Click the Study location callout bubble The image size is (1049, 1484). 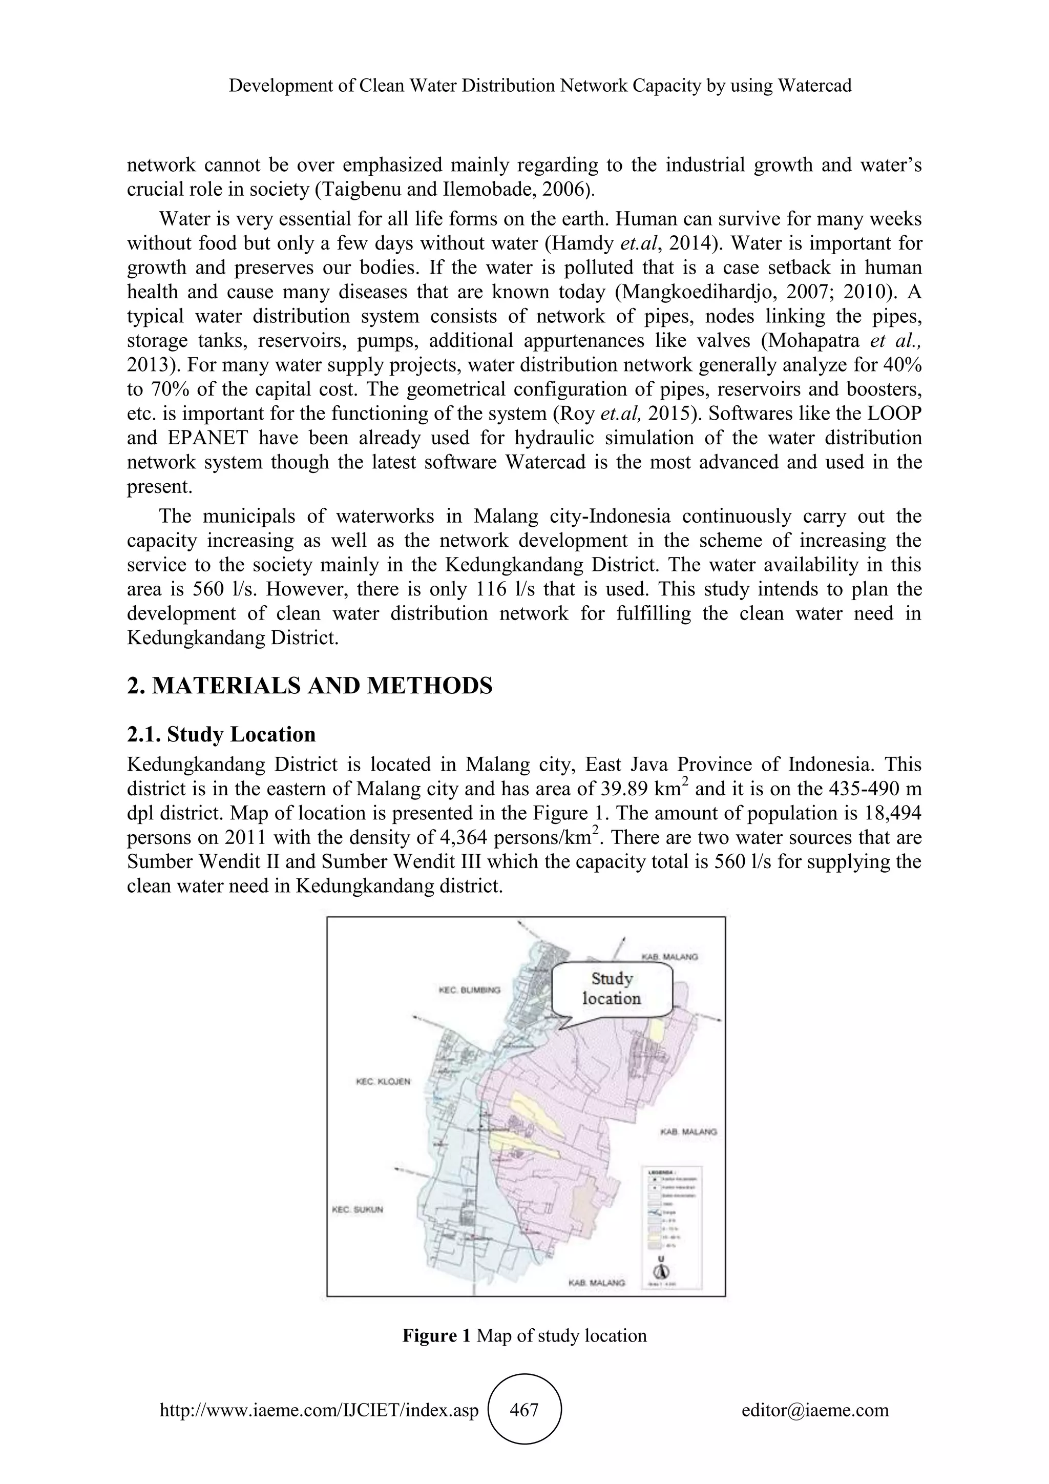[612, 988]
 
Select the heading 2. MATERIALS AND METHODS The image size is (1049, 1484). [309, 686]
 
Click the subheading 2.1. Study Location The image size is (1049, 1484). [222, 734]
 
